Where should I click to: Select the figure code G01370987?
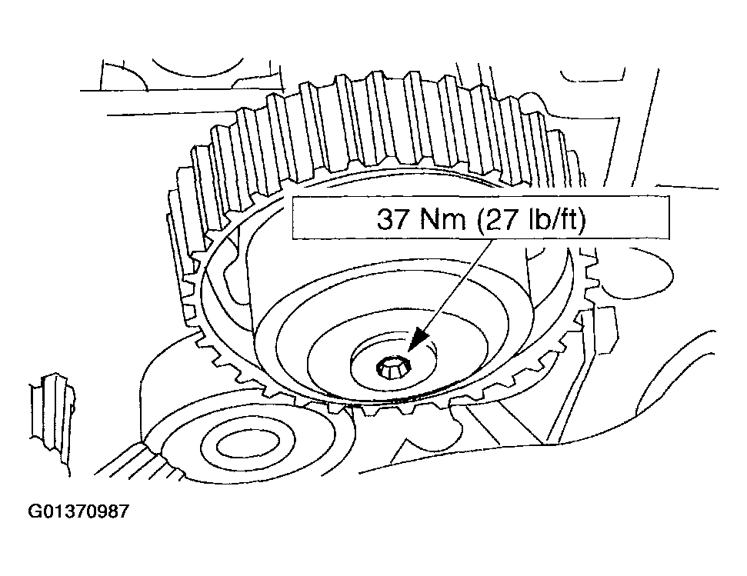point(78,511)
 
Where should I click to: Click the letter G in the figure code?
point(35,511)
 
